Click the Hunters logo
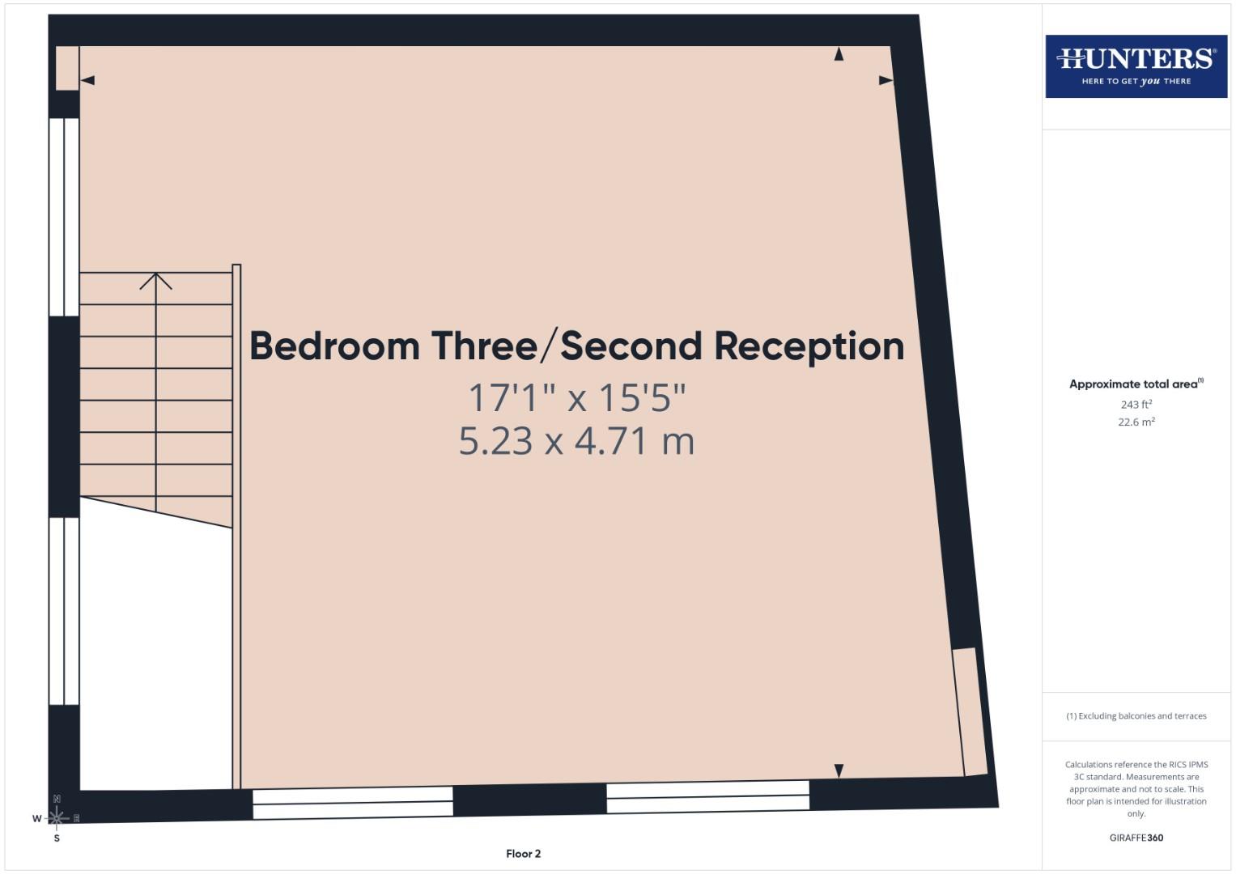[1136, 66]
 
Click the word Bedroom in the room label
[334, 346]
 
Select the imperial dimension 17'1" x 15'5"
[576, 397]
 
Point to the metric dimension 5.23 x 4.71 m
[576, 441]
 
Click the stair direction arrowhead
[155, 281]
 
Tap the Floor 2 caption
[523, 853]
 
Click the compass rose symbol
[57, 818]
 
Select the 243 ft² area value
[1136, 404]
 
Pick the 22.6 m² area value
[1136, 422]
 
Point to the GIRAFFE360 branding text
[1136, 838]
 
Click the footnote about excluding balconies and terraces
[1136, 715]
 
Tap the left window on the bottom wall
[353, 802]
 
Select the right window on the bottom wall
[707, 796]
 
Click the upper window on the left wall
[64, 217]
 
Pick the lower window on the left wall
[64, 610]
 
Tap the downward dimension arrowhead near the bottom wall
[839, 770]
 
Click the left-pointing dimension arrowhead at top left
[88, 80]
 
